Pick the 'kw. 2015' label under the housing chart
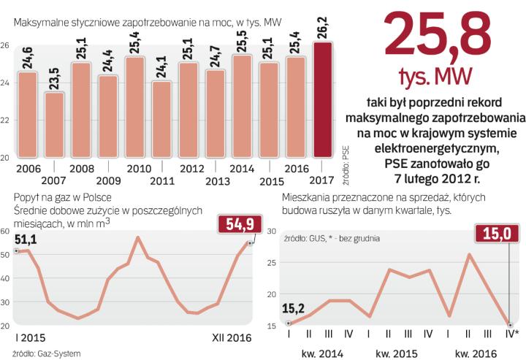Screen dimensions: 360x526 396,353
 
